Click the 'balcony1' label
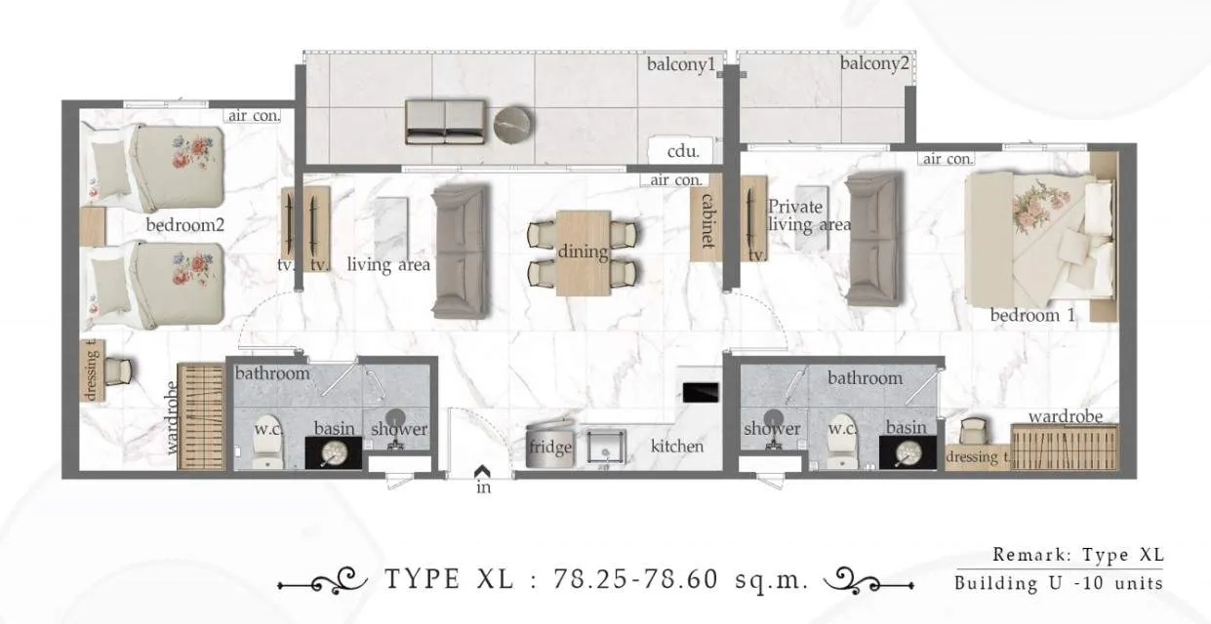[681, 64]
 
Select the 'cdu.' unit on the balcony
[682, 151]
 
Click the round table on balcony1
[513, 126]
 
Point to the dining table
[584, 252]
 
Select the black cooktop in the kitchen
[701, 392]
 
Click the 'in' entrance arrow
[482, 474]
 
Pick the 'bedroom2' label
[185, 225]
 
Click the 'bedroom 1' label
[1032, 315]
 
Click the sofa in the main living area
[460, 253]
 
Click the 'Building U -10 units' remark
[1059, 583]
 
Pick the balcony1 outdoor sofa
[445, 122]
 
